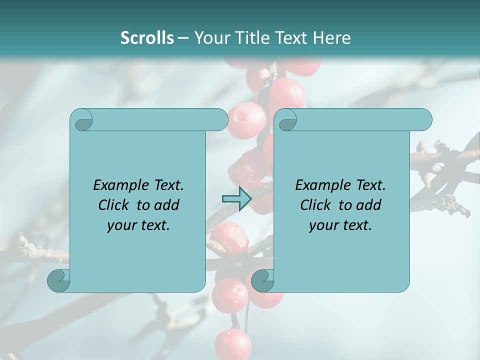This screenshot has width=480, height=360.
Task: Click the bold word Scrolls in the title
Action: point(147,38)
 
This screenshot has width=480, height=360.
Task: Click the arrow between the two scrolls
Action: point(236,199)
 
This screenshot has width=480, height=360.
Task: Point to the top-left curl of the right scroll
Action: point(287,120)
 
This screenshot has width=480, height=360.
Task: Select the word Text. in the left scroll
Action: point(168,185)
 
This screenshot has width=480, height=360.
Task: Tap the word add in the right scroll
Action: point(368,205)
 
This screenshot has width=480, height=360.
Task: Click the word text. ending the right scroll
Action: point(357,225)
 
